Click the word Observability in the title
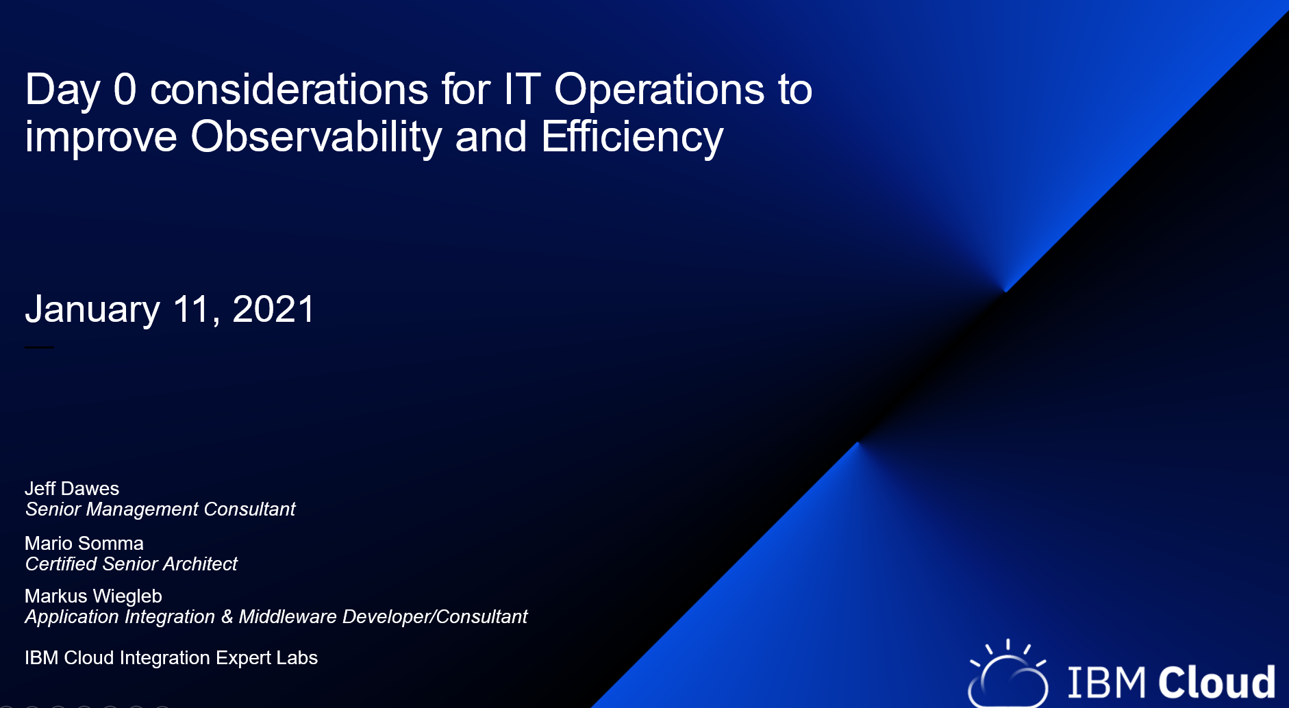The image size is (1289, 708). coord(316,137)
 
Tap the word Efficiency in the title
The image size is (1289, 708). coord(631,137)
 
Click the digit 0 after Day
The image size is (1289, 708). coord(125,90)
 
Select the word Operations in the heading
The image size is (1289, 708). coord(658,90)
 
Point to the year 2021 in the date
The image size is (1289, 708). coord(273,309)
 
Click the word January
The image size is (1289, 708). coord(92,310)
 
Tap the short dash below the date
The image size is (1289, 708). coord(39,347)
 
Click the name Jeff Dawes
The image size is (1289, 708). coord(72,488)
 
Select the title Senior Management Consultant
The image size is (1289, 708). coord(160,509)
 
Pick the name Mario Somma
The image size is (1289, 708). coord(84,543)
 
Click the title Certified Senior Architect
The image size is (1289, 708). coord(132,564)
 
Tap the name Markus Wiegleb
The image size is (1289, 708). coord(93,596)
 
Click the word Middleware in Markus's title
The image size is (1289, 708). coord(288,617)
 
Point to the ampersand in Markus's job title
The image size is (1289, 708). coord(227,617)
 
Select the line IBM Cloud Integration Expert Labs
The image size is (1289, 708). coord(171,657)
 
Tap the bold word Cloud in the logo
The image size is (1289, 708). coord(1216,682)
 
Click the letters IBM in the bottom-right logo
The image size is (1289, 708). coord(1106,682)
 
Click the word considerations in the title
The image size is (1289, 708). coord(289,90)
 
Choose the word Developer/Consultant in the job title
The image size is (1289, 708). coord(435,617)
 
